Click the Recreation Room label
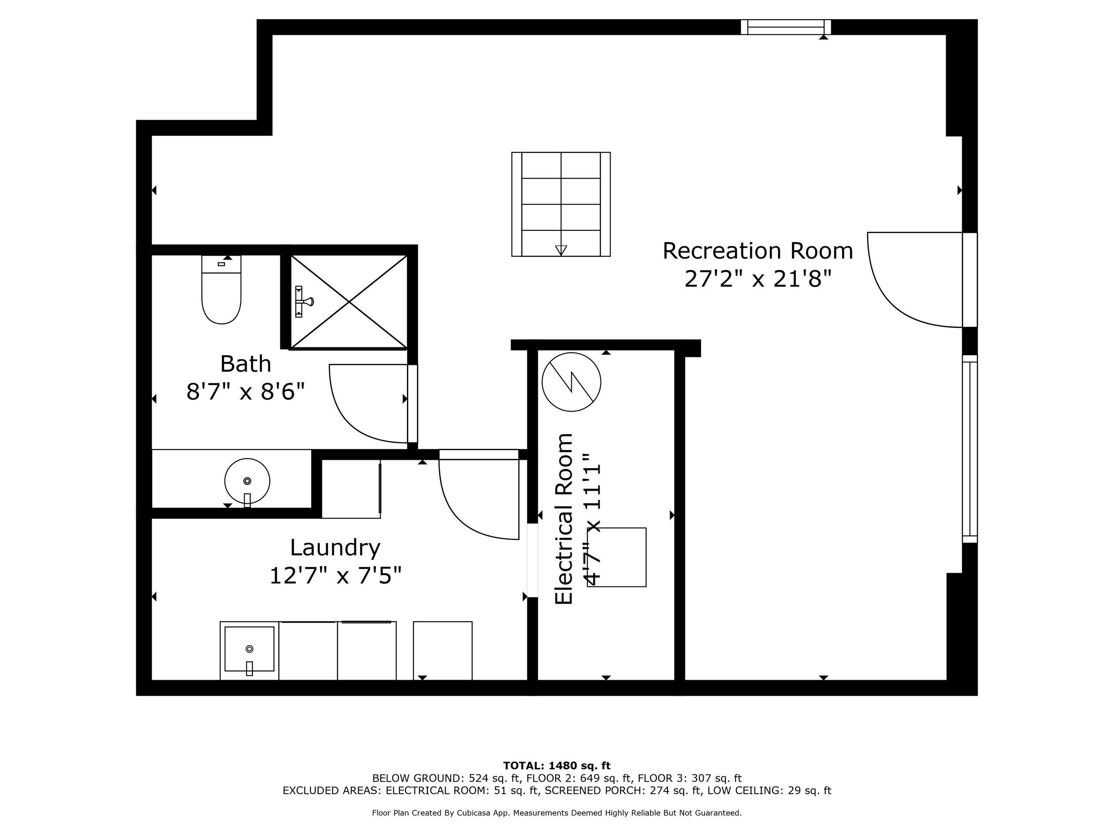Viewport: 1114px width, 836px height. (x=758, y=251)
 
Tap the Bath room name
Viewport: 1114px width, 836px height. (x=246, y=364)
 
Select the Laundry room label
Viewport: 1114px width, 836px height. (x=335, y=548)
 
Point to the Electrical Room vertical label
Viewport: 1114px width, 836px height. (x=564, y=519)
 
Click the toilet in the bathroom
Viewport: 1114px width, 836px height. (x=221, y=289)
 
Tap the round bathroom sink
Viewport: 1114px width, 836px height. (x=247, y=481)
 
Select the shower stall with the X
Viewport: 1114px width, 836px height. (x=349, y=302)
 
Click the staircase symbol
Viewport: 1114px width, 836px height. (x=561, y=204)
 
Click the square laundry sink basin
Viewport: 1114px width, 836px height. (x=249, y=649)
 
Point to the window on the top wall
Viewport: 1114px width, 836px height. (x=785, y=27)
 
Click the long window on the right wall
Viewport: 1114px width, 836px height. (x=970, y=449)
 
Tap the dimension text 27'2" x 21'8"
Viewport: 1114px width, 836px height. (x=758, y=279)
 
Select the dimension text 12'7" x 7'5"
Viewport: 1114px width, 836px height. (x=336, y=576)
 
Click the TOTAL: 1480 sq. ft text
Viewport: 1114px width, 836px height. (x=557, y=766)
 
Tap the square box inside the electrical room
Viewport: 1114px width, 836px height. (x=617, y=557)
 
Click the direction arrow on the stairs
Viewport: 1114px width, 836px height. (x=561, y=250)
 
